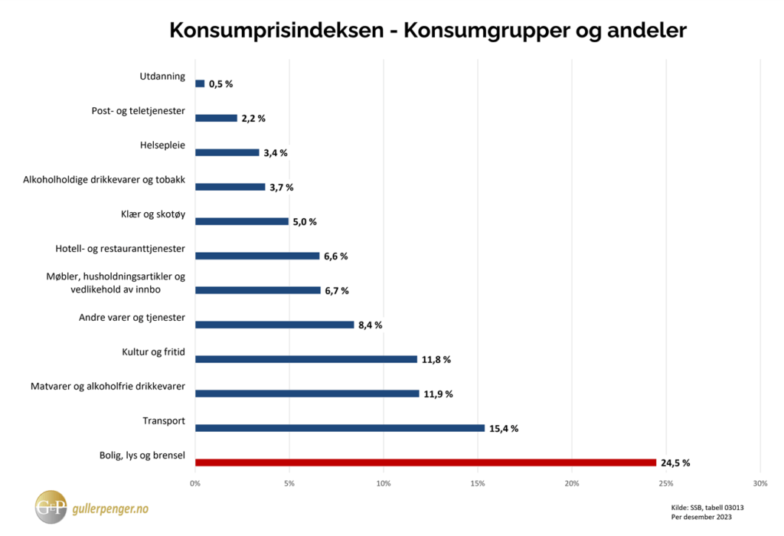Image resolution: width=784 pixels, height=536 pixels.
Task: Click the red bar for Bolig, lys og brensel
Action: [426, 462]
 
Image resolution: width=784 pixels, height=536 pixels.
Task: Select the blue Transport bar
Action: [340, 428]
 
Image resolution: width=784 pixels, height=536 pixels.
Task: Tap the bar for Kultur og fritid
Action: [306, 359]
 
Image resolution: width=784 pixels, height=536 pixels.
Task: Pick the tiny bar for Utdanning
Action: [200, 83]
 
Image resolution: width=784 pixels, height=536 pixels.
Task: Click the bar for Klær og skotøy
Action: [242, 221]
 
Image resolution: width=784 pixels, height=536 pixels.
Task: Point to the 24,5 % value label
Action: [676, 462]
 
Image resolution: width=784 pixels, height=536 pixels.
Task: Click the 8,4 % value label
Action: [370, 325]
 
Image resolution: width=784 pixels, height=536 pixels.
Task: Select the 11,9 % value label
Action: [438, 394]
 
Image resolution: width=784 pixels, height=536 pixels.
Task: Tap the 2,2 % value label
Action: [253, 118]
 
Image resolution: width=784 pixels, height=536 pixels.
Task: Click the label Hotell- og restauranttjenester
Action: [120, 249]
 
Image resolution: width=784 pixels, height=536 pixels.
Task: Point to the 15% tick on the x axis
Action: [478, 483]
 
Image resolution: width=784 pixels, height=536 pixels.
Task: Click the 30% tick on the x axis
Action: [759, 483]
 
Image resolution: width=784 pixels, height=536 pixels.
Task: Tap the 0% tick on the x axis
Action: [195, 483]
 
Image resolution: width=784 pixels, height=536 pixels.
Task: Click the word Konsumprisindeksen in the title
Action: [277, 31]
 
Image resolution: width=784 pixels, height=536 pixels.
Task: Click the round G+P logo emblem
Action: [51, 507]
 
